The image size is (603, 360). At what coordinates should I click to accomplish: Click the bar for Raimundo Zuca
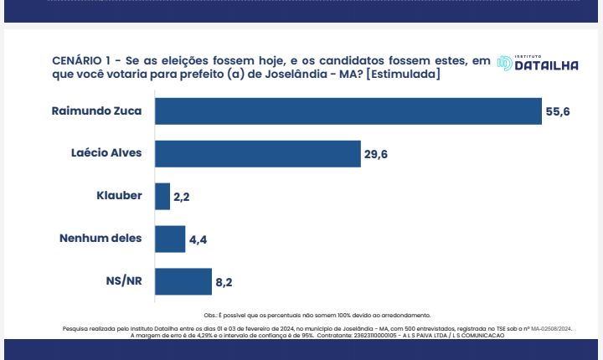click(x=348, y=111)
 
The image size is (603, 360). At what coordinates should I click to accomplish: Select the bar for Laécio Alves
click(x=258, y=153)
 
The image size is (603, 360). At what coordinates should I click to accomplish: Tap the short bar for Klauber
click(x=162, y=197)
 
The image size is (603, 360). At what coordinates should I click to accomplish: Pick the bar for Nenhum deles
click(x=170, y=239)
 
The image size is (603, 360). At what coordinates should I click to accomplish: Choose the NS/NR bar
click(x=183, y=282)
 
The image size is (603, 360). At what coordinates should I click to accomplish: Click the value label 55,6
click(x=558, y=111)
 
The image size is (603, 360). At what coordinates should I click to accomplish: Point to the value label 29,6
click(x=377, y=154)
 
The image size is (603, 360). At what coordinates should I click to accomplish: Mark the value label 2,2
click(x=183, y=198)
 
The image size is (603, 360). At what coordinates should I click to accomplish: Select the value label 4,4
click(x=198, y=239)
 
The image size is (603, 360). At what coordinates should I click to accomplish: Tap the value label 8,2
click(x=224, y=283)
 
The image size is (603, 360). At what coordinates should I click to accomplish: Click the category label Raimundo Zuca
click(x=97, y=111)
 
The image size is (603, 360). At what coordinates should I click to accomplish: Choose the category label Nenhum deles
click(x=100, y=239)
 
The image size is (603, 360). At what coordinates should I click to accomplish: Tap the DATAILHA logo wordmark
click(x=545, y=65)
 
